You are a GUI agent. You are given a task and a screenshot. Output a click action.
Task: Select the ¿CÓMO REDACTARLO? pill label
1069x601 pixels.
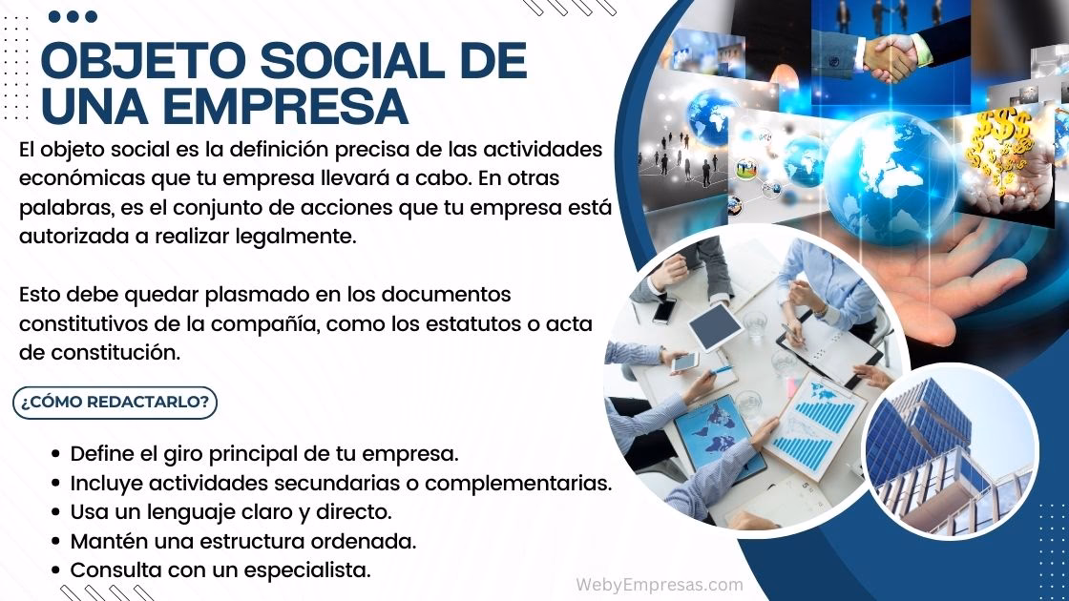click(x=115, y=402)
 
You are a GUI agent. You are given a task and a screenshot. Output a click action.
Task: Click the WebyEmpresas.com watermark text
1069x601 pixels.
click(x=659, y=584)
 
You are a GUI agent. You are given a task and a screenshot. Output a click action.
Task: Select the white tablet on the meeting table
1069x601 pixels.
click(x=715, y=326)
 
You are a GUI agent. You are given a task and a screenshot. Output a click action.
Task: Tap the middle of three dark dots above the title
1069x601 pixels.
click(x=73, y=16)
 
